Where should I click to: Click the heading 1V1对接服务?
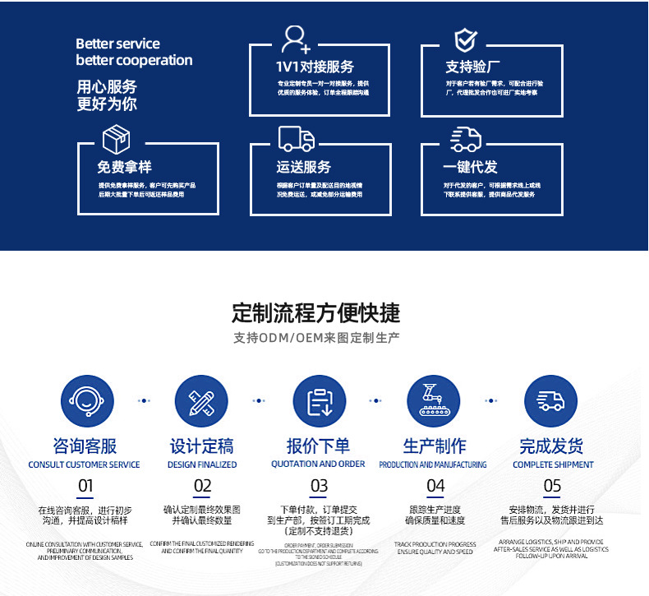tap(315, 67)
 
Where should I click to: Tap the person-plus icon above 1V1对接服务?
tap(295, 39)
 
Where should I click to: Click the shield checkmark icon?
tap(466, 39)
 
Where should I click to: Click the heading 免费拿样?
tap(125, 167)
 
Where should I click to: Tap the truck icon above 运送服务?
tap(296, 139)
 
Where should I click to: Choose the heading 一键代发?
tap(471, 167)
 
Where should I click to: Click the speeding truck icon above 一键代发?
tap(466, 139)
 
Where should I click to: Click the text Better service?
tap(117, 44)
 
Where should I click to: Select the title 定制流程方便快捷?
tap(316, 312)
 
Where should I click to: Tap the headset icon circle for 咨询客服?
tap(85, 401)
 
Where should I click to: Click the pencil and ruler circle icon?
tap(202, 401)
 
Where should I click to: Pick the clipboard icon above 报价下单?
tap(319, 401)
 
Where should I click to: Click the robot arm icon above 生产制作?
tap(435, 401)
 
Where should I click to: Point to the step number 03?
tap(319, 486)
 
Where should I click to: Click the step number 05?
tap(552, 486)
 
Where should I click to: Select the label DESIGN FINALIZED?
tap(202, 464)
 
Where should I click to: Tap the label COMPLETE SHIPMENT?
tap(552, 464)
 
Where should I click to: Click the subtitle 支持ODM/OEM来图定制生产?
tap(316, 338)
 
